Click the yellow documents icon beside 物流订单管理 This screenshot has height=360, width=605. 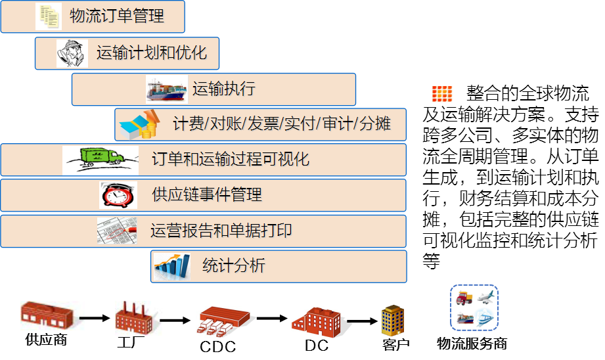[49, 16]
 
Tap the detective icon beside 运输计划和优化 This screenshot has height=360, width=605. [72, 54]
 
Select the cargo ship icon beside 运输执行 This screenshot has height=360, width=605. [167, 89]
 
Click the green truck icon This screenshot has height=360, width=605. [101, 160]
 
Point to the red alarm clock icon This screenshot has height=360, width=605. [118, 195]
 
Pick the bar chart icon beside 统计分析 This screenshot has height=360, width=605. [172, 266]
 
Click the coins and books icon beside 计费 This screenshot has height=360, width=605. [139, 125]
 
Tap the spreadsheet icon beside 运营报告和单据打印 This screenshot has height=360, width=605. [117, 231]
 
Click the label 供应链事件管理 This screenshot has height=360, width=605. [207, 194]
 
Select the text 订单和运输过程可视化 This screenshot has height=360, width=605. [231, 159]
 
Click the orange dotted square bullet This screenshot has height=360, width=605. [442, 93]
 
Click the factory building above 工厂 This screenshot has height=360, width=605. [134, 319]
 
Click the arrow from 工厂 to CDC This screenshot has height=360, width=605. [175, 321]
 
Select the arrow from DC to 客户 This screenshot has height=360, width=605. [362, 321]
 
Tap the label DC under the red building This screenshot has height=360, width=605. [317, 346]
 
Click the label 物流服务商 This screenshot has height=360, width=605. [472, 344]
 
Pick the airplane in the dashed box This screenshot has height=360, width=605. [485, 297]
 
